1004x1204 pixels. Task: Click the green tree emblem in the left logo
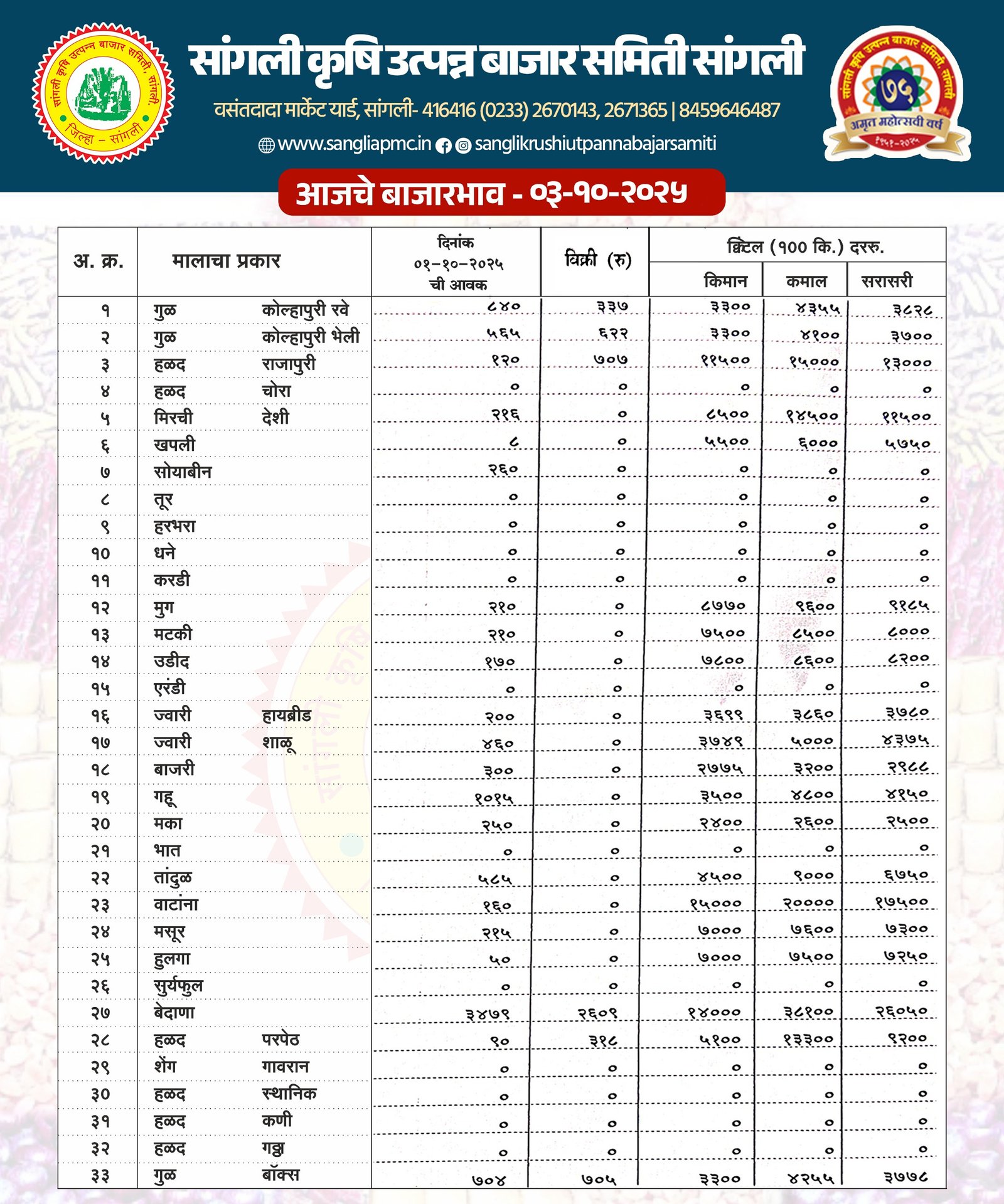point(104,93)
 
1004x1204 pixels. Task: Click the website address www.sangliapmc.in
point(354,144)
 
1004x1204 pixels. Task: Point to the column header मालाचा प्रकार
point(226,260)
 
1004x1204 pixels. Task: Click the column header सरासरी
point(887,280)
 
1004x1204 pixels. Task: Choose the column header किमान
point(725,280)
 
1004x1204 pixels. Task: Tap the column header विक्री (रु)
point(597,259)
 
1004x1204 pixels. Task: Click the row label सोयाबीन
point(183,472)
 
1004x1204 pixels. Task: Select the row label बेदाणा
point(174,1013)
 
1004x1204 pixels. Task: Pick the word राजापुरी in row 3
point(289,364)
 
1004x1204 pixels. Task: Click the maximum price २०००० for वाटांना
point(808,903)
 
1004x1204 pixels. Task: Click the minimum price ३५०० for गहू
point(721,796)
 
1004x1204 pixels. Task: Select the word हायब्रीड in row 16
point(286,715)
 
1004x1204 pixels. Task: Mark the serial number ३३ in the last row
point(100,1176)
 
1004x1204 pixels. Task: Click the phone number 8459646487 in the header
point(729,110)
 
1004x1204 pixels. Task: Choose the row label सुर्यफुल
point(178,986)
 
